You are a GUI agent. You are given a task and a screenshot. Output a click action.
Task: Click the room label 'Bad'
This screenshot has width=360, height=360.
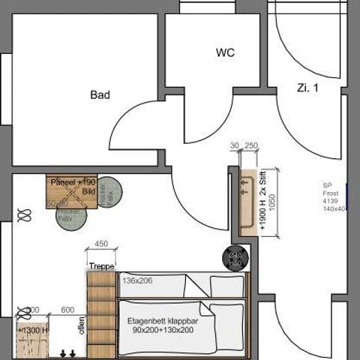pyautogui.click(x=100, y=95)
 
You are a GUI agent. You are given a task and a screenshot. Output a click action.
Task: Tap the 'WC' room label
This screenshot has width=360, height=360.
pyautogui.click(x=225, y=53)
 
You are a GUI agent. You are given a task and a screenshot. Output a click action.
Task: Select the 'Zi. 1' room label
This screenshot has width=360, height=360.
pyautogui.click(x=307, y=88)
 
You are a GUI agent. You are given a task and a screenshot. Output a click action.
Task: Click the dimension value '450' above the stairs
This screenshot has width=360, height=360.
pyautogui.click(x=101, y=244)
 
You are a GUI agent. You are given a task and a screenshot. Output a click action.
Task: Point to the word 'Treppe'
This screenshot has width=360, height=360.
pyautogui.click(x=101, y=266)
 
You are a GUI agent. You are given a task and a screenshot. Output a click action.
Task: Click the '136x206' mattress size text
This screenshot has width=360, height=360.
pyautogui.click(x=137, y=280)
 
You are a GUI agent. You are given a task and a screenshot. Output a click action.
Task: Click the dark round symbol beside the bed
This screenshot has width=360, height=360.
pyautogui.click(x=233, y=257)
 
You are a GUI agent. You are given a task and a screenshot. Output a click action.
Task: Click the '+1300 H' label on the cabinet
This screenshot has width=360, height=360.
pyautogui.click(x=33, y=329)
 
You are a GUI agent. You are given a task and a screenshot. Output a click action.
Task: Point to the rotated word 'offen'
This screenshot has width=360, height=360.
pyautogui.click(x=80, y=327)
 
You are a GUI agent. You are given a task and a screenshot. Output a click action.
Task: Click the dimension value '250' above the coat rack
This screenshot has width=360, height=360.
pyautogui.click(x=250, y=146)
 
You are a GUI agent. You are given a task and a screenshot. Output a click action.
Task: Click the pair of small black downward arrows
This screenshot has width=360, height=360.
pyautogui.click(x=68, y=352)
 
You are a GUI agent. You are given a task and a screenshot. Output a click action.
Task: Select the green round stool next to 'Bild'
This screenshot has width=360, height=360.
pyautogui.click(x=109, y=193)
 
